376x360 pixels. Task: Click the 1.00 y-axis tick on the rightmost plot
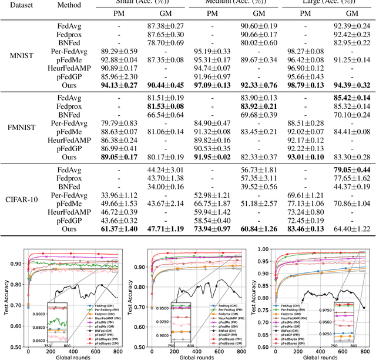(261, 234)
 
